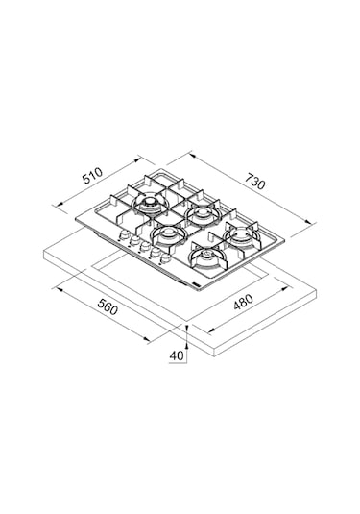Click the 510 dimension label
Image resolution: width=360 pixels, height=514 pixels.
[x=93, y=176]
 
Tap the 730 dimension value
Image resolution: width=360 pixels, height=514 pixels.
[x=254, y=181]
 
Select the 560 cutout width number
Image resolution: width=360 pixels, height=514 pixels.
[x=108, y=307]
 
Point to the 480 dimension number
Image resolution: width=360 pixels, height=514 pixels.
[x=243, y=303]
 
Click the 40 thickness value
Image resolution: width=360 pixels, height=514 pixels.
[x=177, y=356]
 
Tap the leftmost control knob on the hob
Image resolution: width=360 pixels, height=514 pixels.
[x=124, y=235]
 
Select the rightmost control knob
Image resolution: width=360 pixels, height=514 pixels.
[x=165, y=259]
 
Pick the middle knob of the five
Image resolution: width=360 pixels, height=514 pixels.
[x=143, y=247]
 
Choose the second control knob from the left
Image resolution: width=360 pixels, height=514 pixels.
[x=133, y=241]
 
